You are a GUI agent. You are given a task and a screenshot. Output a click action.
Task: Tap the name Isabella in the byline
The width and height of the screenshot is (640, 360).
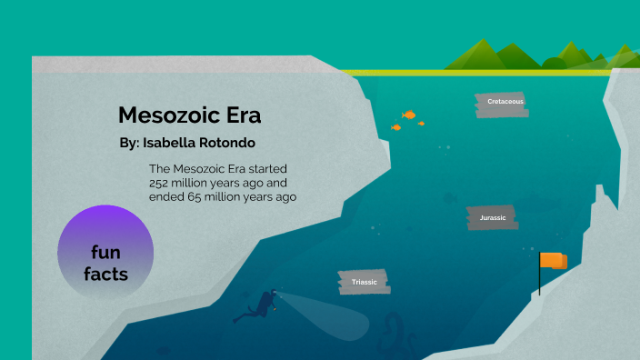(177, 144)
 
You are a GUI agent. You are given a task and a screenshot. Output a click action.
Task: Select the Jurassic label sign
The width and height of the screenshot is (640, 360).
(492, 218)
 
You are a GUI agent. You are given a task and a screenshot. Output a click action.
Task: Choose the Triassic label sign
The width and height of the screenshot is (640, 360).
(364, 283)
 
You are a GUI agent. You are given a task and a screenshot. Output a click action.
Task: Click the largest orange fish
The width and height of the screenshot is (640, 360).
(410, 115)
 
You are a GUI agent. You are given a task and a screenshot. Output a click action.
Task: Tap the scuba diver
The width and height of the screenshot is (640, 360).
(259, 305)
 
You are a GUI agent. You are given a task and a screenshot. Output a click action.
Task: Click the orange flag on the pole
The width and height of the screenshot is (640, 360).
(553, 261)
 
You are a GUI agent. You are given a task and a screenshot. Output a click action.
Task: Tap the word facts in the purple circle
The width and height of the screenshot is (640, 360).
(105, 273)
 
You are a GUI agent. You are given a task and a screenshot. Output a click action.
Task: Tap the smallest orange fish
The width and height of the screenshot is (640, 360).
(395, 127)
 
